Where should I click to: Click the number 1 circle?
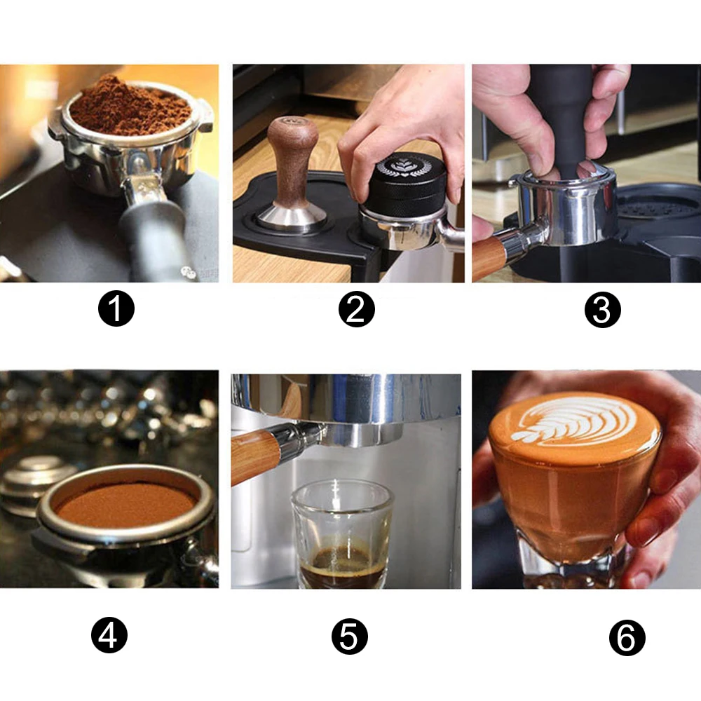116,308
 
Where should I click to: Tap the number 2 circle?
356,309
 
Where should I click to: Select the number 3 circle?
603,310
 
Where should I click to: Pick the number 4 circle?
109,635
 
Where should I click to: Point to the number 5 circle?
350,637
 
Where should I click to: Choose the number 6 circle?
627,638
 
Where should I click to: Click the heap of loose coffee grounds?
130,107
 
